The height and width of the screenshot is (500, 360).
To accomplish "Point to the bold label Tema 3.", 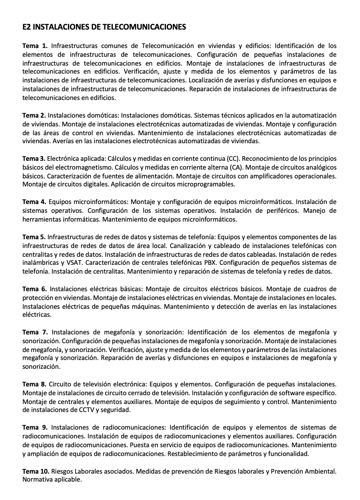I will [x=34, y=159].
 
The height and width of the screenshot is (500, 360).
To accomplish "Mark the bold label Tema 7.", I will [x=35, y=332].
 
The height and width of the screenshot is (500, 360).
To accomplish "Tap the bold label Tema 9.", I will [x=35, y=428].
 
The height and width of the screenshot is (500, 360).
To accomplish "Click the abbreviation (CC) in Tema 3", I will [x=233, y=159].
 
